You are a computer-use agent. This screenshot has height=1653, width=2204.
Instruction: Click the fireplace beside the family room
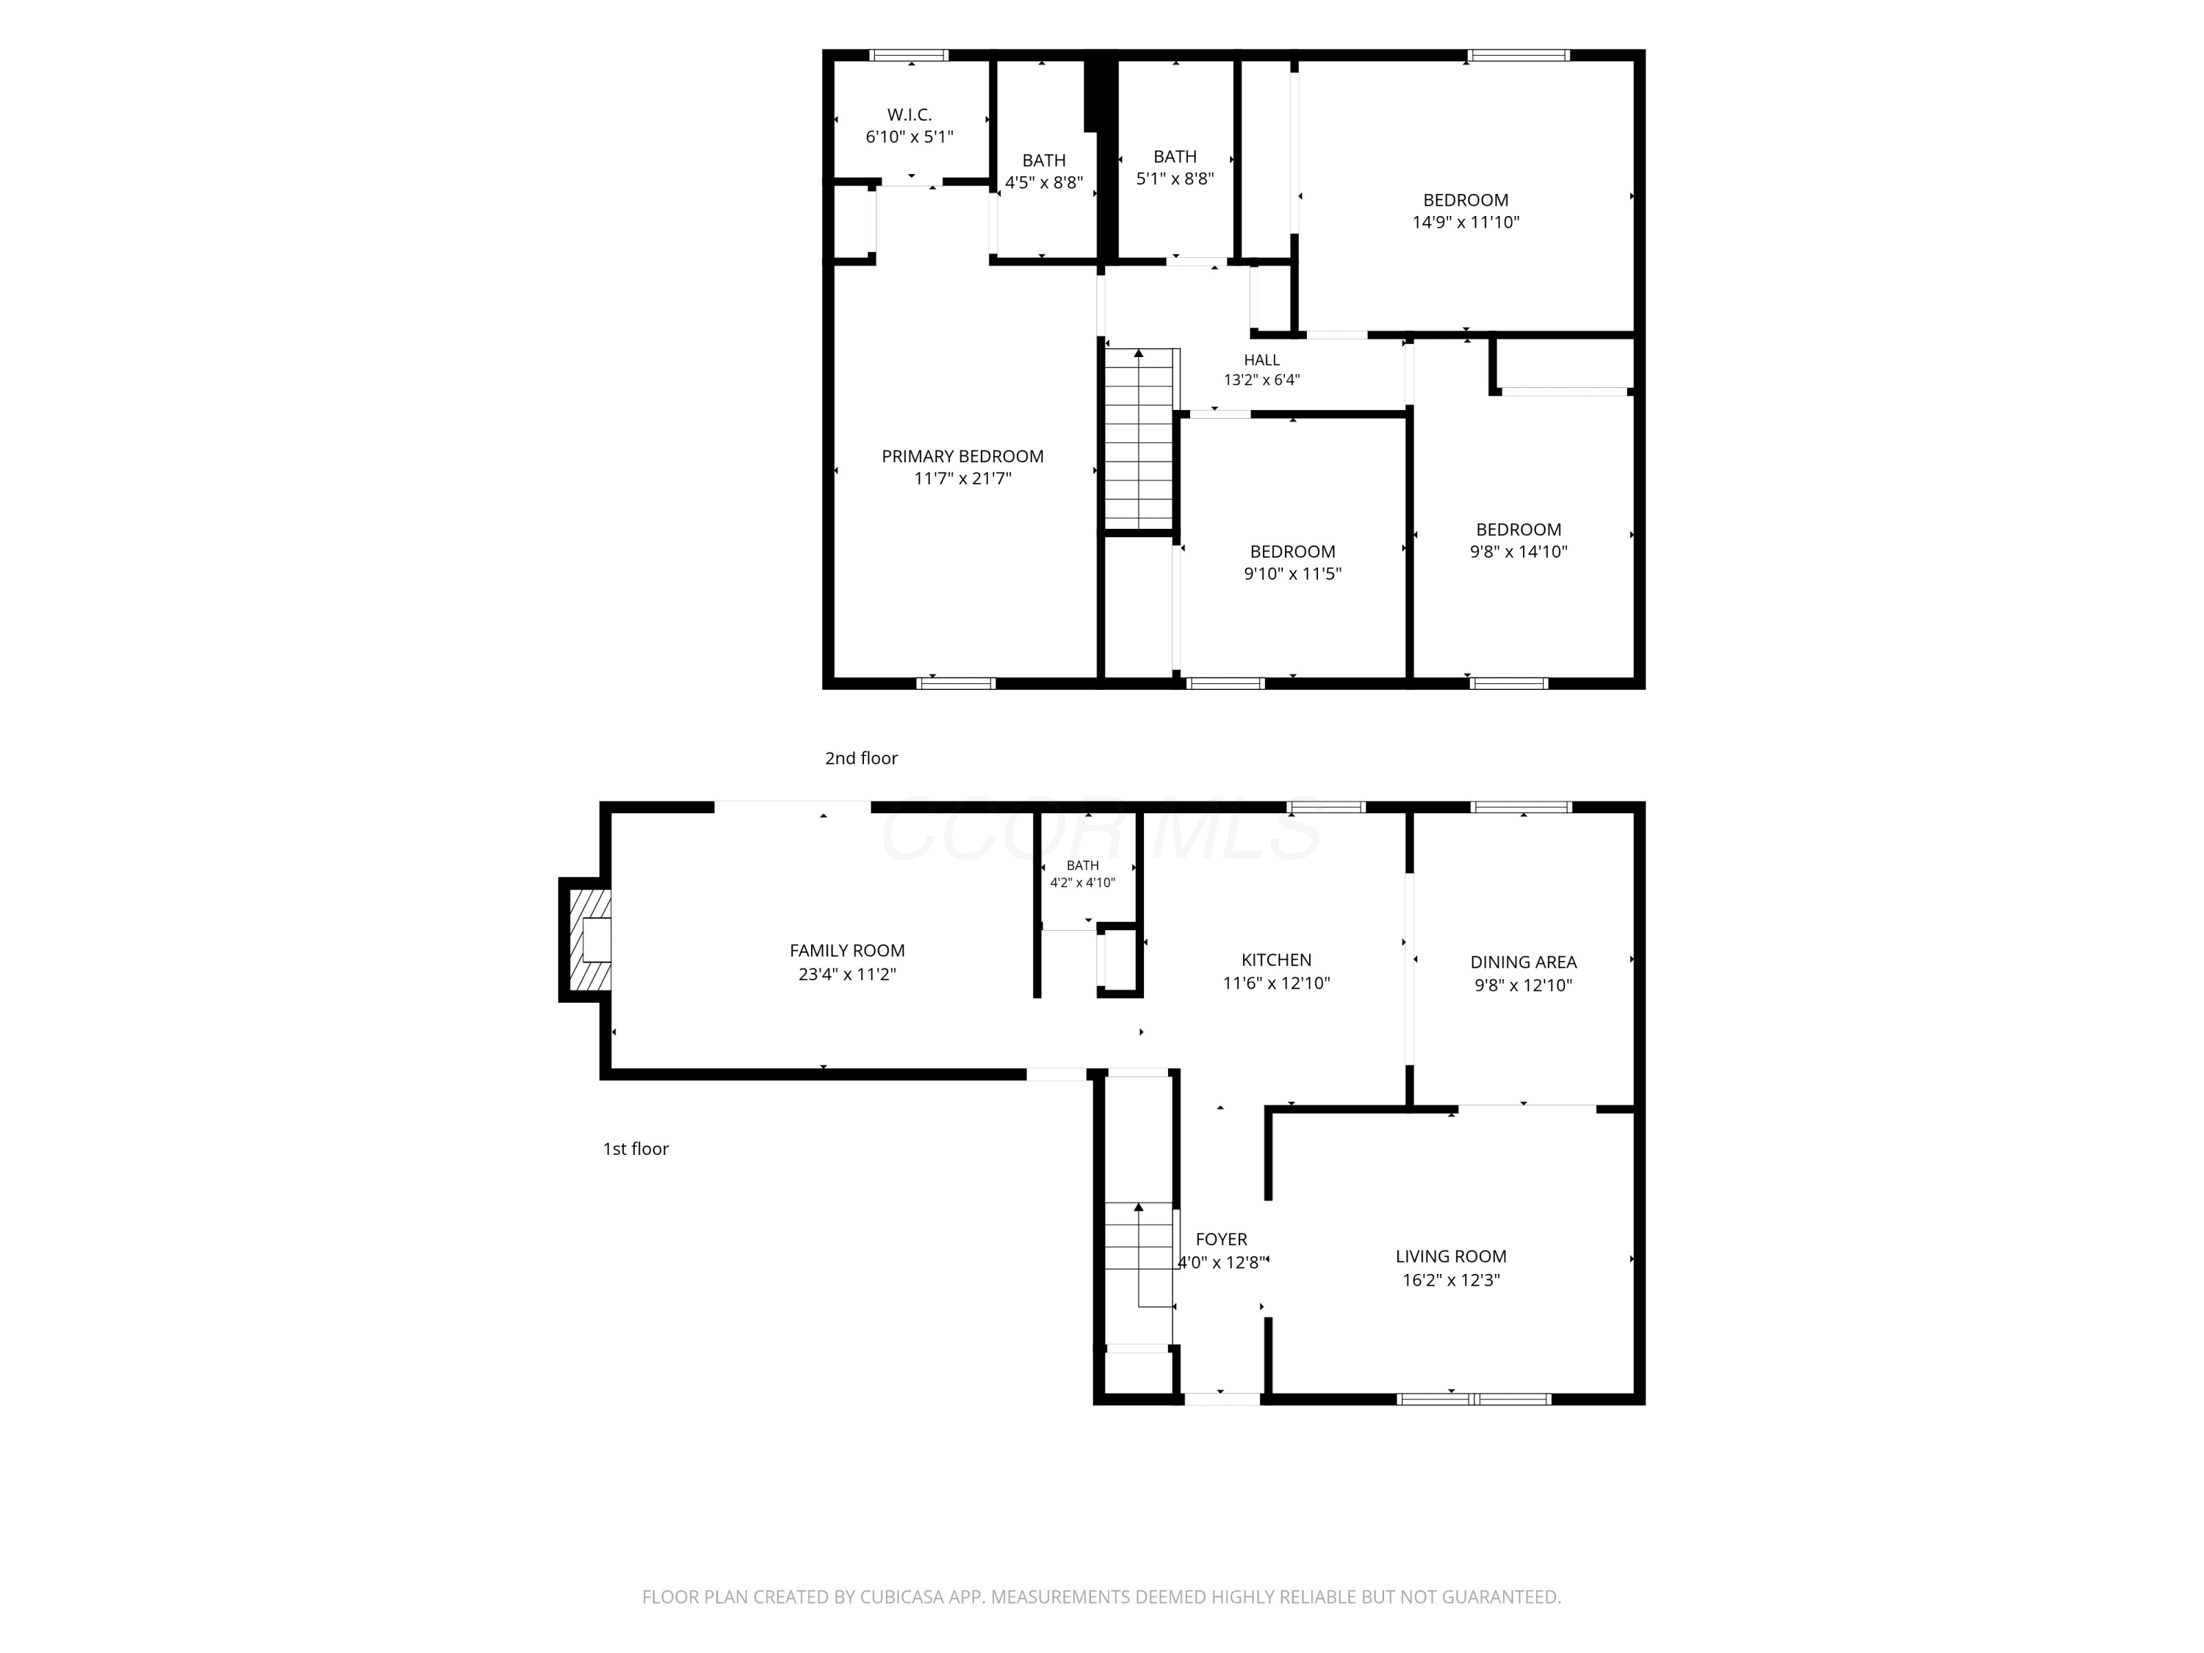tap(586, 940)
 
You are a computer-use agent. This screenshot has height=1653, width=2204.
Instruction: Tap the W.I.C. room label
tap(910, 115)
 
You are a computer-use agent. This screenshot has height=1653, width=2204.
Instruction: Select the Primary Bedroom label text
tap(962, 456)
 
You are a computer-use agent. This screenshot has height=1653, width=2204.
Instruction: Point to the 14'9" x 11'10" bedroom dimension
tap(1466, 222)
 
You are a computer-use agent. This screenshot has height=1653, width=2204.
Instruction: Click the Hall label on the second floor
tap(1261, 360)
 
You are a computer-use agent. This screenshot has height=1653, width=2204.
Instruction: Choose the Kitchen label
tap(1276, 959)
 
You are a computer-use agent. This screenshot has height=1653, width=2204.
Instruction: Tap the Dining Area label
tap(1524, 962)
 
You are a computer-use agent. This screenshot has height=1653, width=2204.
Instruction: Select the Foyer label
tap(1222, 1239)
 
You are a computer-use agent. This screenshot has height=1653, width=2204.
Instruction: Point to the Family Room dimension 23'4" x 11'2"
tap(847, 973)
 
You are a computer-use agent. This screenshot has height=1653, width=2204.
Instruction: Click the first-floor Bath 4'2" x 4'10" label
tap(1083, 874)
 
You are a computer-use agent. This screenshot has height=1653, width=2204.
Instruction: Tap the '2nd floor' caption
tap(861, 758)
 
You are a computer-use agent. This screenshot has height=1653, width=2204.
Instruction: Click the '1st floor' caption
tap(635, 1149)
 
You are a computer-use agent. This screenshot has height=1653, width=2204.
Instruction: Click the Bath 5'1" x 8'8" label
tap(1175, 168)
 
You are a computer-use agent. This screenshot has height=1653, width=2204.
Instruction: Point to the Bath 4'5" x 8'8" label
tap(1044, 171)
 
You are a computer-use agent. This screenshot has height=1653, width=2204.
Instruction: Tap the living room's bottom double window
tap(1474, 1399)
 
